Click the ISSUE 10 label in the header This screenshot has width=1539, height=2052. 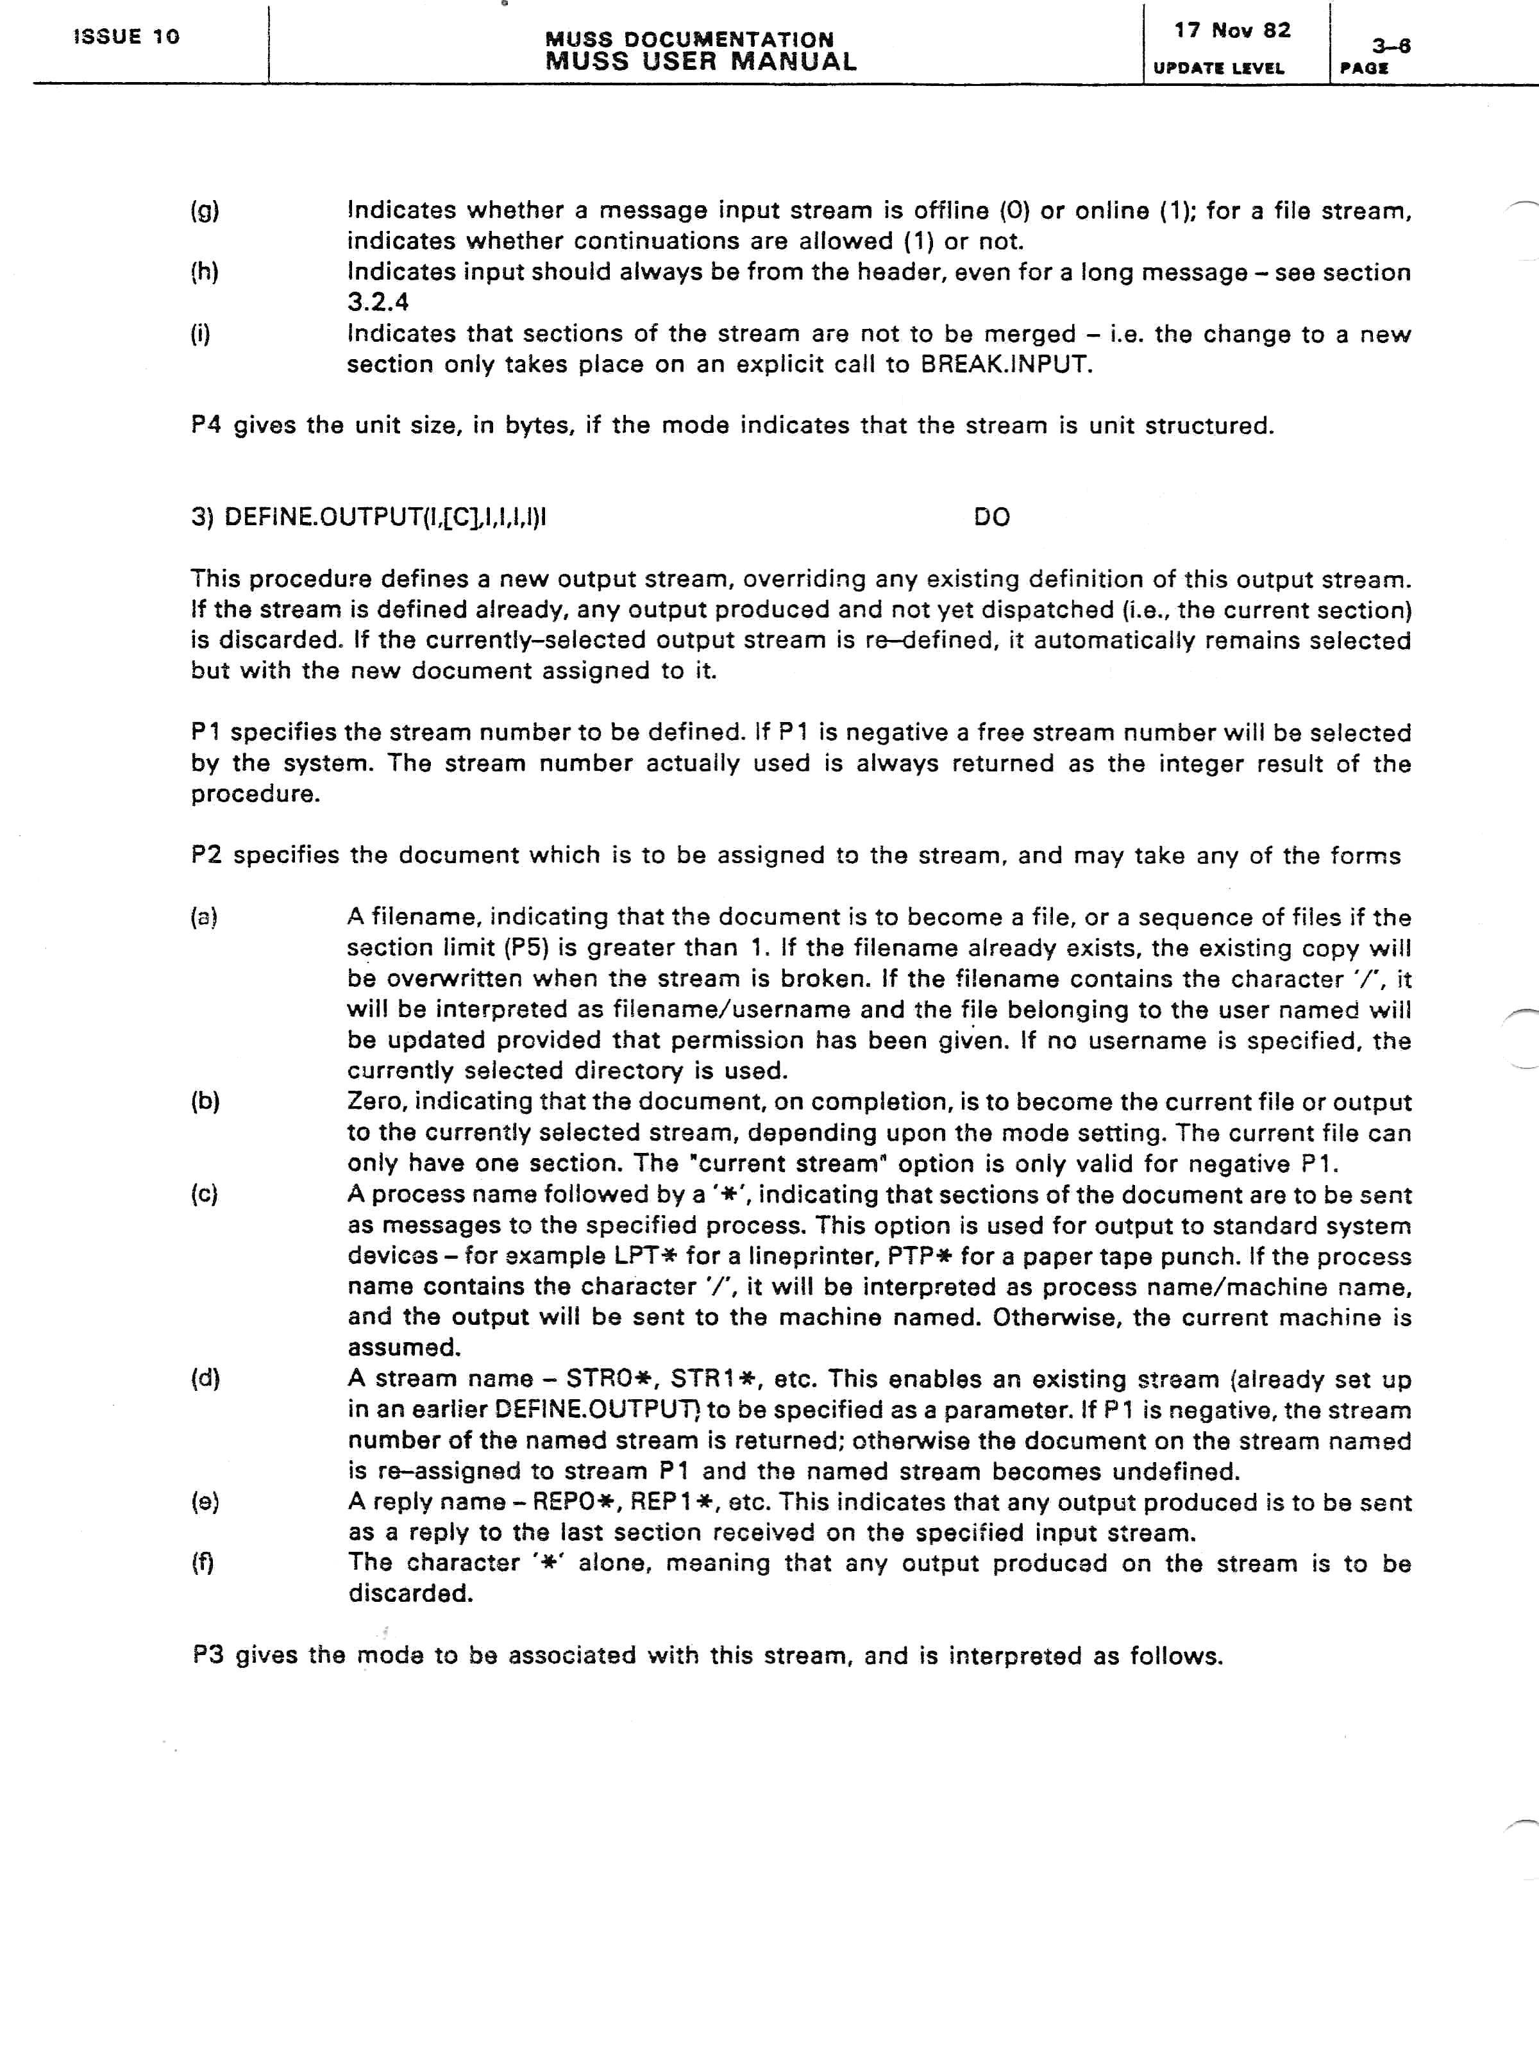126,37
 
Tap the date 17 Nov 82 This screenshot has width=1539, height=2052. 1232,31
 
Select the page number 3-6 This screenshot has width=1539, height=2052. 1391,46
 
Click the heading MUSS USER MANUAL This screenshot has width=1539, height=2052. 700,62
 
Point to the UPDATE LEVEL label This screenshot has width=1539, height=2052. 1218,69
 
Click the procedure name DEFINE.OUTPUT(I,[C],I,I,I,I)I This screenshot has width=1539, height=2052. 384,517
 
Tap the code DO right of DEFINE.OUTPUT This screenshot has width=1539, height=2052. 991,517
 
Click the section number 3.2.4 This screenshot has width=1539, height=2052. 378,303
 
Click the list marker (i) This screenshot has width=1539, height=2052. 200,334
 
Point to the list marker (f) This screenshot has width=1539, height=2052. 202,1563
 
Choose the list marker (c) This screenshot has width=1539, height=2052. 204,1194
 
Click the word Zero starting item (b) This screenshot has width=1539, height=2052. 376,1102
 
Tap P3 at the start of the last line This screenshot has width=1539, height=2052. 208,1655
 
